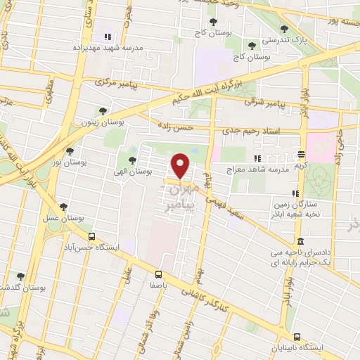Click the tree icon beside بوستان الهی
[x=132, y=160]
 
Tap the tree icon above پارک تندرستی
[x=284, y=30]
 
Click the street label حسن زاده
[x=175, y=127]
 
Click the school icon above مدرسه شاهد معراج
[x=258, y=158]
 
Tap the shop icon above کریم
[x=301, y=154]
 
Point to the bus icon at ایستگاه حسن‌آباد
[x=91, y=236]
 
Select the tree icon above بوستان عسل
[x=64, y=207]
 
